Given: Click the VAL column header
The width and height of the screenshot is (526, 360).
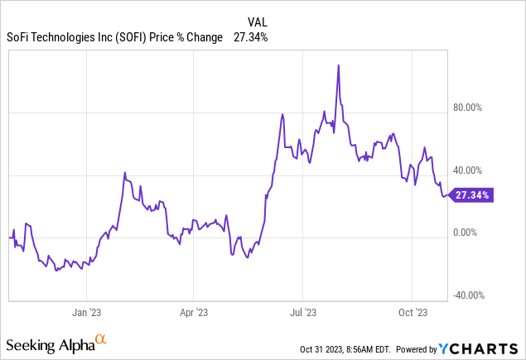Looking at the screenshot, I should [258, 22].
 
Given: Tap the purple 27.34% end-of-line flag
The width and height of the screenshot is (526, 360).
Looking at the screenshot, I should [471, 195].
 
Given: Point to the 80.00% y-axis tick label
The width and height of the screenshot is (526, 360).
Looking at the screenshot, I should [470, 108].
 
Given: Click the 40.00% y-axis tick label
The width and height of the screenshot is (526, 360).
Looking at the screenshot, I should [470, 170].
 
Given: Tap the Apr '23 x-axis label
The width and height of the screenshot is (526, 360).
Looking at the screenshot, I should [193, 313].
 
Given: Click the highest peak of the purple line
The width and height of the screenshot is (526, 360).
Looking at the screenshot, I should [339, 65].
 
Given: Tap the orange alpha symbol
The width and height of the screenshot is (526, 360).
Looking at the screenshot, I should [100, 339].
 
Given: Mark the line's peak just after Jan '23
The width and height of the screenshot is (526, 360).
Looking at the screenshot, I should [125, 173].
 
